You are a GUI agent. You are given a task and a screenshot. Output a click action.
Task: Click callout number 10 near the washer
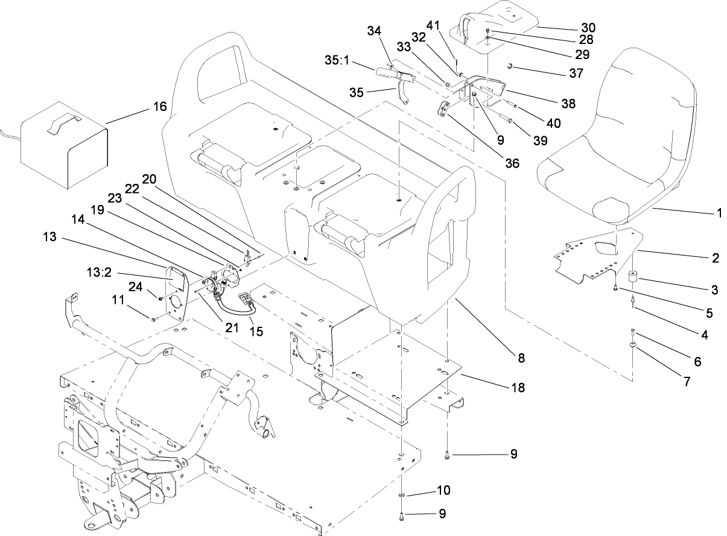[443, 490]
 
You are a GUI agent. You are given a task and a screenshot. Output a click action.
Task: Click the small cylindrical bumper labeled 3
[633, 279]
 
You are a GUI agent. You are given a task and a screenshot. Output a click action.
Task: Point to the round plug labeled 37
[510, 65]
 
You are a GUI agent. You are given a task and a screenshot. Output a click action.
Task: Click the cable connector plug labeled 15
[245, 299]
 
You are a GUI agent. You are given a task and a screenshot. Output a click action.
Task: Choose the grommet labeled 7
[633, 345]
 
